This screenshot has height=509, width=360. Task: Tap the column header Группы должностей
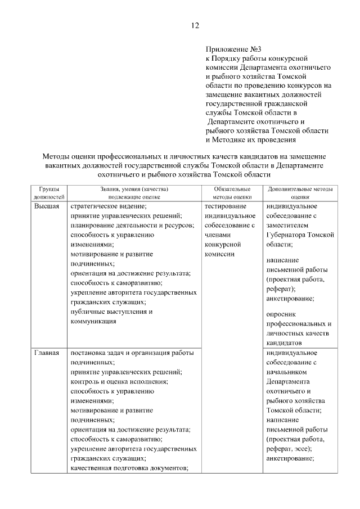49,193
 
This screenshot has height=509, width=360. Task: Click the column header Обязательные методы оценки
232,193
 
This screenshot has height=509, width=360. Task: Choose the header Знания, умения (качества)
134,190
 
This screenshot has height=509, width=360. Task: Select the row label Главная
47,353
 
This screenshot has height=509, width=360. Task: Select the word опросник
282,314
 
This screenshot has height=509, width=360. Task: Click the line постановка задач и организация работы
132,353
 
